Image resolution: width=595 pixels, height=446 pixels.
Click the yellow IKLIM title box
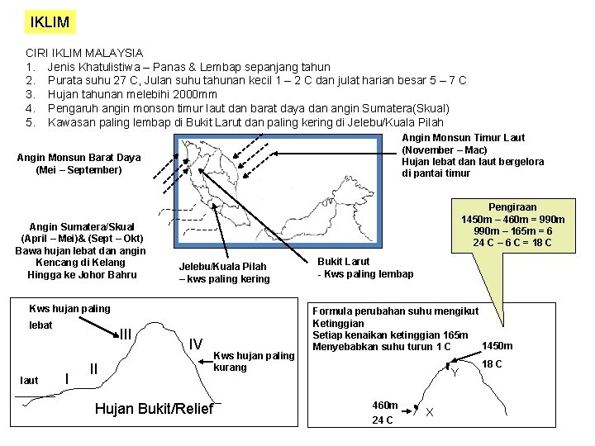click(x=49, y=22)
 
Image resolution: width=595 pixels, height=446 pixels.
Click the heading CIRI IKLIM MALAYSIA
click(x=84, y=52)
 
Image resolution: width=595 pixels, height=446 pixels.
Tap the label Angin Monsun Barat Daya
click(x=79, y=157)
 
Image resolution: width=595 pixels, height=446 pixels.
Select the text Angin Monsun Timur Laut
click(x=463, y=138)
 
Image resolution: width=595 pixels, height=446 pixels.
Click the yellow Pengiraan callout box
click(x=512, y=225)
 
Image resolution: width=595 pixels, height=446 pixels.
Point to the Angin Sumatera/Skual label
click(x=81, y=226)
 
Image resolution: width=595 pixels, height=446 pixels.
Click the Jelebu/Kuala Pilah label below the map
click(x=224, y=267)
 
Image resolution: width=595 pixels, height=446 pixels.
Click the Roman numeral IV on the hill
click(x=196, y=344)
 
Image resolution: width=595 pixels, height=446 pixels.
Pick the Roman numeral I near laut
click(x=66, y=377)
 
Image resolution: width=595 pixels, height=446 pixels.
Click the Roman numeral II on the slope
click(x=94, y=368)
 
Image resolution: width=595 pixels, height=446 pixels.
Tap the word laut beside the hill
click(x=29, y=381)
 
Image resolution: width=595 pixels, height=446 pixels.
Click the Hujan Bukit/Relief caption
click(x=154, y=409)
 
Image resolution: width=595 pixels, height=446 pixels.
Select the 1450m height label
click(x=497, y=346)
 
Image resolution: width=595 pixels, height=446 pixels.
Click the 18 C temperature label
click(x=493, y=364)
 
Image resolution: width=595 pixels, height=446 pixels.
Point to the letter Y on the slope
click(x=455, y=373)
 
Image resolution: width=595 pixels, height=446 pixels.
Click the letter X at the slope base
click(x=430, y=412)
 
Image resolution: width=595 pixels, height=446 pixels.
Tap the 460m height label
click(x=385, y=406)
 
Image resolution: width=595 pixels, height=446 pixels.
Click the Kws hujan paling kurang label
click(x=254, y=361)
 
